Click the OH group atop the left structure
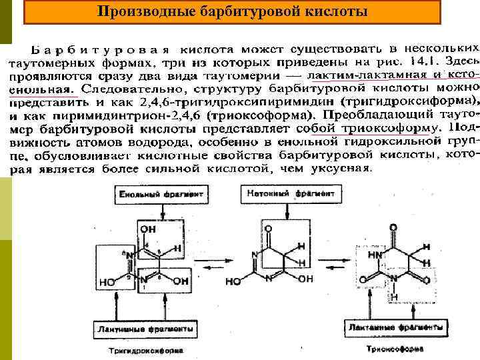[x=149, y=229]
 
